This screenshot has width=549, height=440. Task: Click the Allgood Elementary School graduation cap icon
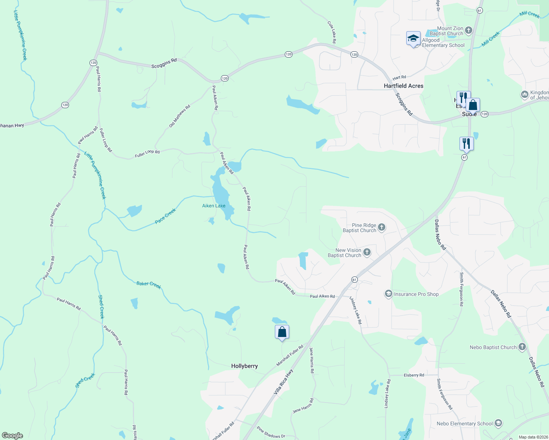click(413, 38)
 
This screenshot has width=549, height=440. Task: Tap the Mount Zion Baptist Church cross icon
click(468, 30)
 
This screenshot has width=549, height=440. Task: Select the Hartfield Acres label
click(403, 86)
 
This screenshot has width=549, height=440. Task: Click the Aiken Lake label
click(214, 206)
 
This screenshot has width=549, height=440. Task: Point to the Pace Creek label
click(165, 216)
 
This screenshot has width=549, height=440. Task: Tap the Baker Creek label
click(149, 285)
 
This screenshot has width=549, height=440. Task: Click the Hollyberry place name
click(244, 366)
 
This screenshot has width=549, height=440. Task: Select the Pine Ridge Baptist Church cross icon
click(382, 227)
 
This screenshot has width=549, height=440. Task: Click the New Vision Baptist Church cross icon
click(367, 252)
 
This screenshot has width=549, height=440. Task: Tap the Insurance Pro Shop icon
click(388, 294)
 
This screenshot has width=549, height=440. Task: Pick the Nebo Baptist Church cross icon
click(522, 347)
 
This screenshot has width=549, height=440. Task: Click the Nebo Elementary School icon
click(498, 423)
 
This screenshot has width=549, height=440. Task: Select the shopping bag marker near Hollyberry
click(282, 332)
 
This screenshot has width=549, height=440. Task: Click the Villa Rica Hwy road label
click(283, 382)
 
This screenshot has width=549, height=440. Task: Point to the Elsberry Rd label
click(414, 375)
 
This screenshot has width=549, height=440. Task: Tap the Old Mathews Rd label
click(179, 116)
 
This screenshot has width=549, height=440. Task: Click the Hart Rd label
click(399, 77)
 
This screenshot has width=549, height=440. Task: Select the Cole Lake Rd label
click(332, 32)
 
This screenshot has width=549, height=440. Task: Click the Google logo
click(12, 436)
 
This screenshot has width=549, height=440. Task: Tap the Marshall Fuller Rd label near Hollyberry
click(290, 355)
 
